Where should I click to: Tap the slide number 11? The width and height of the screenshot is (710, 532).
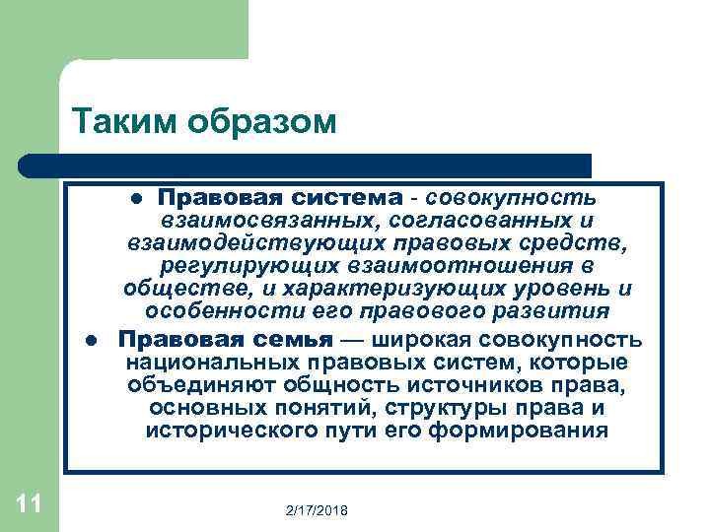click(x=29, y=505)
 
